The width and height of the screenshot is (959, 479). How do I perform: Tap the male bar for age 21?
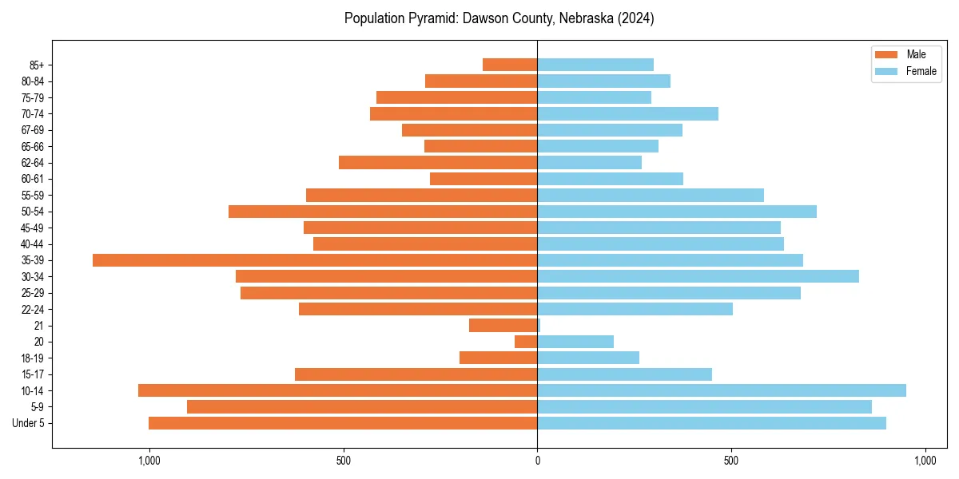coord(503,326)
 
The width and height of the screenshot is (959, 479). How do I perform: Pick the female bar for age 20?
coord(575,342)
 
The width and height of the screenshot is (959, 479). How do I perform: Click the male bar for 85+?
coord(510,65)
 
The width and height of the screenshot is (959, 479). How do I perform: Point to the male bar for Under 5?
coord(343,423)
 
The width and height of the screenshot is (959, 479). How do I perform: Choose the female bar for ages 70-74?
coord(627,113)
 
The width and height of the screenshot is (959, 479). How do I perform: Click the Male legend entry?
coord(916,54)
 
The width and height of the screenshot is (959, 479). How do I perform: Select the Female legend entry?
coord(921,71)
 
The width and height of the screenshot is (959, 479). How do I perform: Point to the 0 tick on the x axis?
coord(537,461)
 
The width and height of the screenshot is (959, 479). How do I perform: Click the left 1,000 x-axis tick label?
coord(149,461)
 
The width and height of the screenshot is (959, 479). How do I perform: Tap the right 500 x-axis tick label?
coord(730,461)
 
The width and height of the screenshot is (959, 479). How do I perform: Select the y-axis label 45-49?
coord(33,228)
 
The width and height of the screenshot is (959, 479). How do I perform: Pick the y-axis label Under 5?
coord(29,423)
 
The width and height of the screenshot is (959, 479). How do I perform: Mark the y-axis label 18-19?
coord(33,358)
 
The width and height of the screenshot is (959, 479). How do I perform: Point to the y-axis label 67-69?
coord(33,130)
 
